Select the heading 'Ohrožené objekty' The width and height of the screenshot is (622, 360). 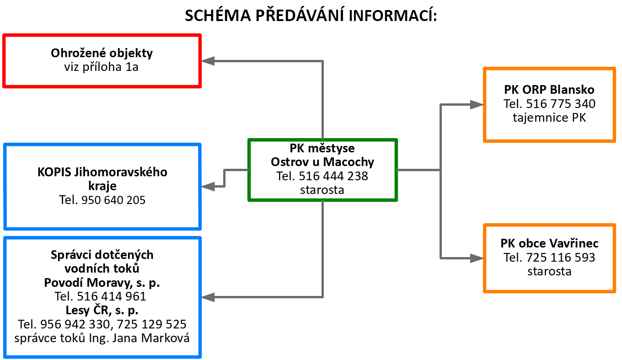(102, 53)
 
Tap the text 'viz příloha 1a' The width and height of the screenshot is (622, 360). (101, 67)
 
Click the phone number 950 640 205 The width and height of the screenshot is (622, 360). (113, 200)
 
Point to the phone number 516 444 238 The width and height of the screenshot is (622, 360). (333, 176)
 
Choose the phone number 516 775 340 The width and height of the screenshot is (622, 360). (561, 104)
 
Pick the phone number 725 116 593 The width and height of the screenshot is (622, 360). (561, 258)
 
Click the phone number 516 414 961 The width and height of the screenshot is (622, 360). (111, 296)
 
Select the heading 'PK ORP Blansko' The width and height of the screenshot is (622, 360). (549, 90)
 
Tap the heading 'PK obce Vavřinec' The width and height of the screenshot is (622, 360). (549, 243)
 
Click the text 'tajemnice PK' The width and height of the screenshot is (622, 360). (549, 118)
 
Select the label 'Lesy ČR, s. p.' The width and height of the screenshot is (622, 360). (102, 311)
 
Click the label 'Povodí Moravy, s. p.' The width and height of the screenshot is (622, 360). (102, 283)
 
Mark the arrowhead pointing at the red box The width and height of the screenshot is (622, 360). (208, 61)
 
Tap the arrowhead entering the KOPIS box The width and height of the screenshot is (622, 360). (208, 186)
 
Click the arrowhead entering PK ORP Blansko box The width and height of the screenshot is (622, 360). (477, 105)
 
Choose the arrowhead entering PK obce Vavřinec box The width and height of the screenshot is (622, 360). (477, 258)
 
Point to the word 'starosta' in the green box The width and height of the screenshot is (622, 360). (322, 190)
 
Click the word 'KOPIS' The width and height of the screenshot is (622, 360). (54, 172)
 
